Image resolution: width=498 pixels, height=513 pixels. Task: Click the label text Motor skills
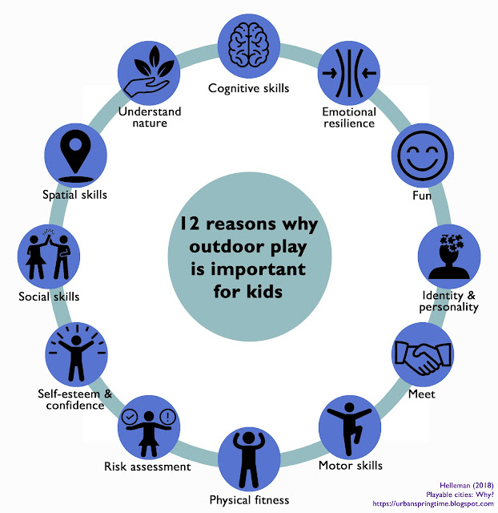click(x=350, y=465)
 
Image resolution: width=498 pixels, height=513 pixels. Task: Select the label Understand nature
click(x=150, y=117)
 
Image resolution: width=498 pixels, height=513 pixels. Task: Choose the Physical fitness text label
click(x=248, y=500)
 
